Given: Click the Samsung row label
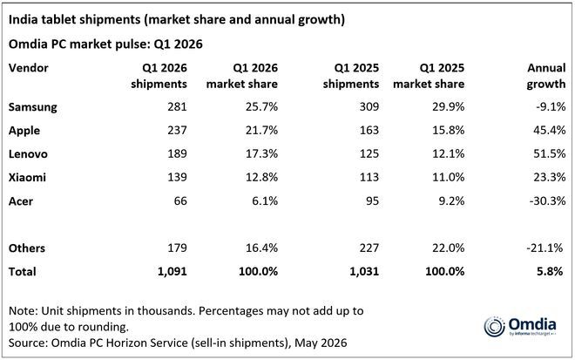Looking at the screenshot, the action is (x=32, y=107).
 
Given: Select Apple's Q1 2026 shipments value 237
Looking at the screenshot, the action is (x=177, y=130).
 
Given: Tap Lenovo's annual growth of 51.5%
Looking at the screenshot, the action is (x=550, y=153).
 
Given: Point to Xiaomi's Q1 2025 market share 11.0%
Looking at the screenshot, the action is (x=448, y=177).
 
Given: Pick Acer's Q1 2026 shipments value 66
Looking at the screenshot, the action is (x=180, y=201).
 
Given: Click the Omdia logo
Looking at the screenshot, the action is (x=520, y=326).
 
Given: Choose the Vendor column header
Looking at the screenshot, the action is (x=29, y=68).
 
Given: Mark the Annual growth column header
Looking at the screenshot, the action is (x=546, y=76).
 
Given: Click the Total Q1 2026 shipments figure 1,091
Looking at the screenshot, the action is (x=172, y=272).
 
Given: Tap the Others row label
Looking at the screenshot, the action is (x=27, y=248).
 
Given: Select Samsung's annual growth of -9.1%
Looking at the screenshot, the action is (x=551, y=107).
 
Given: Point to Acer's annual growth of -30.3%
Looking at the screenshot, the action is (x=547, y=201).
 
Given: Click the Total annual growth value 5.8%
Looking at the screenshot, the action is (x=550, y=272).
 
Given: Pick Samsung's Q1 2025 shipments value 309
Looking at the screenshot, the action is (x=369, y=107).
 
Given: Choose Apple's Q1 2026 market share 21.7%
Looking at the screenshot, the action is (x=262, y=130).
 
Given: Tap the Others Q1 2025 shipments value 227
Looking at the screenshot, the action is (x=369, y=248).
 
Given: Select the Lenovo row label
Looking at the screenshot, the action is (x=28, y=153).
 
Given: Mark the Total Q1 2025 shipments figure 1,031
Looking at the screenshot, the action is (x=364, y=272).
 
